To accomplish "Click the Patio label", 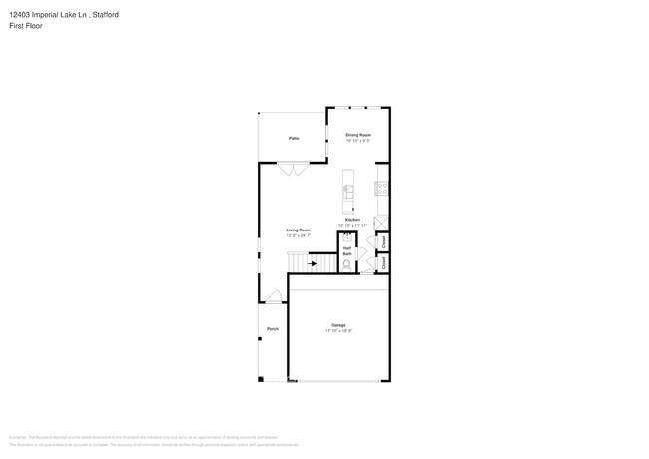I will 294,138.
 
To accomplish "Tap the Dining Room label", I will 358,134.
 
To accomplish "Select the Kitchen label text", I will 352,220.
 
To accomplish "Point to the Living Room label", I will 299,229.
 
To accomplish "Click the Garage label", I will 338,325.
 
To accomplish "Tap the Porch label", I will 272,329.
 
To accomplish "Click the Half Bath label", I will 347,251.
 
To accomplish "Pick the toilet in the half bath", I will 346,266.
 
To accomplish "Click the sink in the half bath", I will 346,239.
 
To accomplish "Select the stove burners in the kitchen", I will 381,187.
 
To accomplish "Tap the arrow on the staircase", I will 313,264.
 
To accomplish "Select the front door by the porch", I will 273,296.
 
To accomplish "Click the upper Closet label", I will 384,242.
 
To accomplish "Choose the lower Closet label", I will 384,262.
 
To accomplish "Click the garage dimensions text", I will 338,331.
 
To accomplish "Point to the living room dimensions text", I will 299,235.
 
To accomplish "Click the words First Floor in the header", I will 26,26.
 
